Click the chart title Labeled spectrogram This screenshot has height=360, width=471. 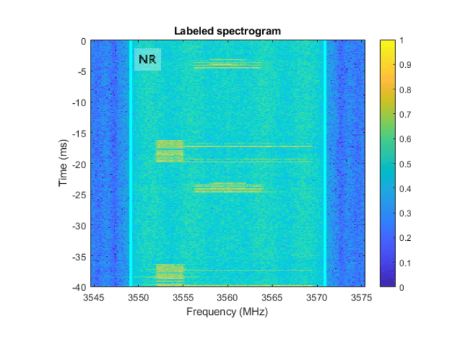227,31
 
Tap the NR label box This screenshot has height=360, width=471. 147,60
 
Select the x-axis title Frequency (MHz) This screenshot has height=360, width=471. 227,312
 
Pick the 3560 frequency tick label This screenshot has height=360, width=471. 227,298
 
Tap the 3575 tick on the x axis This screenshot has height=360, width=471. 362,298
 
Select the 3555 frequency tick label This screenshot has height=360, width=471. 183,298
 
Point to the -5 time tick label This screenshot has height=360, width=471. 81,72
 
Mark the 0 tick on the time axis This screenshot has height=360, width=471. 83,41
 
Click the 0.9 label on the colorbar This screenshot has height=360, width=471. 404,65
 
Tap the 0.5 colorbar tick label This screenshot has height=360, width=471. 404,164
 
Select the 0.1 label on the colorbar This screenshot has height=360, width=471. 404,262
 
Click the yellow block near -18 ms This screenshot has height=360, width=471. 170,151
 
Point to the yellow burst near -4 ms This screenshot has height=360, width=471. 227,65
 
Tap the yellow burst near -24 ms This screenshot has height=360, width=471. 227,188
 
